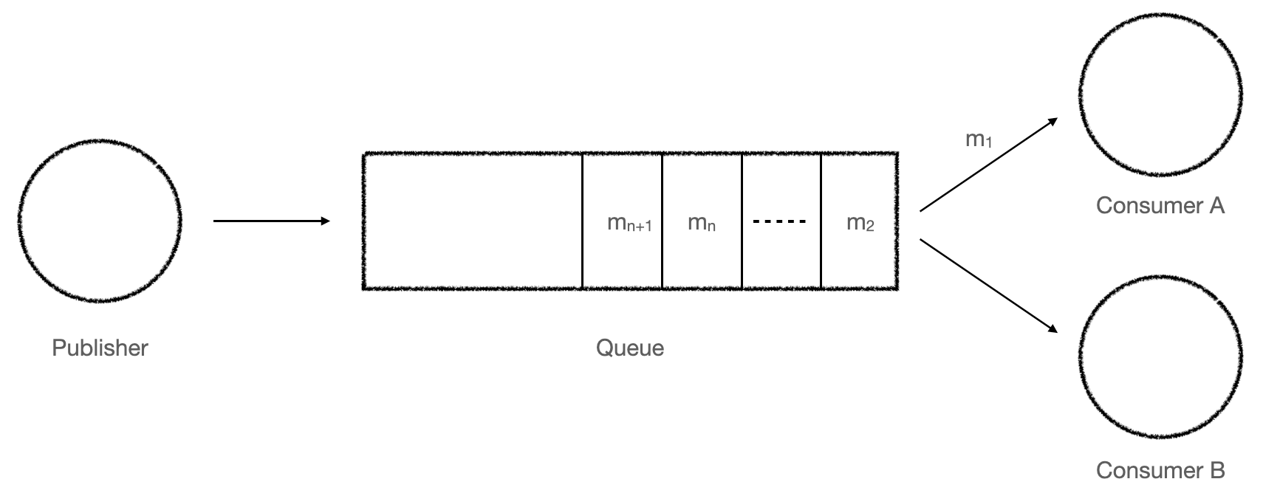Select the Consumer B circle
(x=1160, y=357)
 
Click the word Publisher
(x=100, y=348)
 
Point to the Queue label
(x=629, y=348)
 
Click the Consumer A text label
(x=1160, y=205)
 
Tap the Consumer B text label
(x=1160, y=469)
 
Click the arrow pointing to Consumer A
(x=989, y=165)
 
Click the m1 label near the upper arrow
(x=979, y=139)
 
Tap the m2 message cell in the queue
(x=860, y=221)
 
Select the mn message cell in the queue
(x=702, y=221)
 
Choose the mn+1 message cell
(x=622, y=221)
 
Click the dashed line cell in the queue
(x=781, y=221)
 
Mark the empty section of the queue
(x=473, y=221)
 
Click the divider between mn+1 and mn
(x=662, y=221)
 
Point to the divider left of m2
(x=821, y=221)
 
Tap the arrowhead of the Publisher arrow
(x=325, y=221)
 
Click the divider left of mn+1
(x=582, y=221)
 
